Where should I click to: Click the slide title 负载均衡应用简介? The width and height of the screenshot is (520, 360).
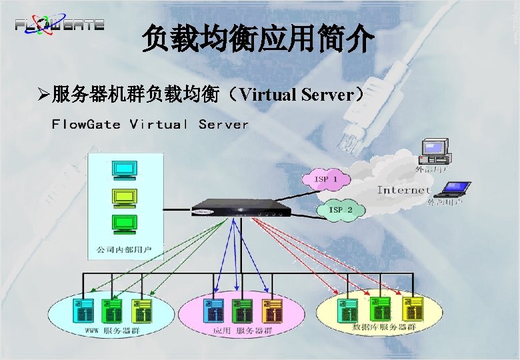coord(259,41)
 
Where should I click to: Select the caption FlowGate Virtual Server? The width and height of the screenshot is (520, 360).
coord(150,125)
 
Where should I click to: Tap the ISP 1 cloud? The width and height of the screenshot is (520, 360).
coord(325,179)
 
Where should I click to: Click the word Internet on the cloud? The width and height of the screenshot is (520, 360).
coord(403,190)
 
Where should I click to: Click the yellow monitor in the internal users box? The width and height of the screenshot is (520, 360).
coord(125,197)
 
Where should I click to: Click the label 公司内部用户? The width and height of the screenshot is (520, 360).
coord(125,250)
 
